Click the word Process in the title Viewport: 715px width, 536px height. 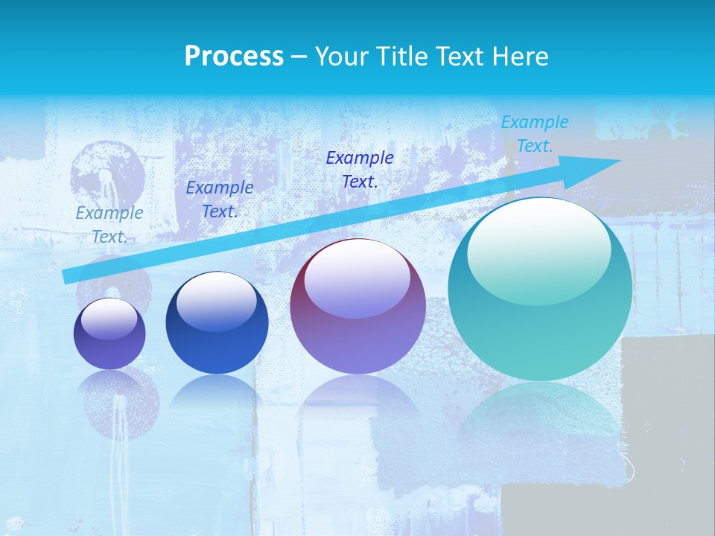(x=234, y=57)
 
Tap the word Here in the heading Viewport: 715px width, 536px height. (x=519, y=57)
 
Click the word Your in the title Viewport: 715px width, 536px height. (x=340, y=57)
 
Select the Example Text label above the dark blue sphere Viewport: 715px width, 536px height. (x=219, y=200)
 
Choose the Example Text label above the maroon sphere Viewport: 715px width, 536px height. (x=360, y=169)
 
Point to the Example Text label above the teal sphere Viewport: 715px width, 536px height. (x=535, y=134)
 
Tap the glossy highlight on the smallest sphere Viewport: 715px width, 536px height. (x=109, y=319)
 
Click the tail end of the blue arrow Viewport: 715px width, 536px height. (x=69, y=276)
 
